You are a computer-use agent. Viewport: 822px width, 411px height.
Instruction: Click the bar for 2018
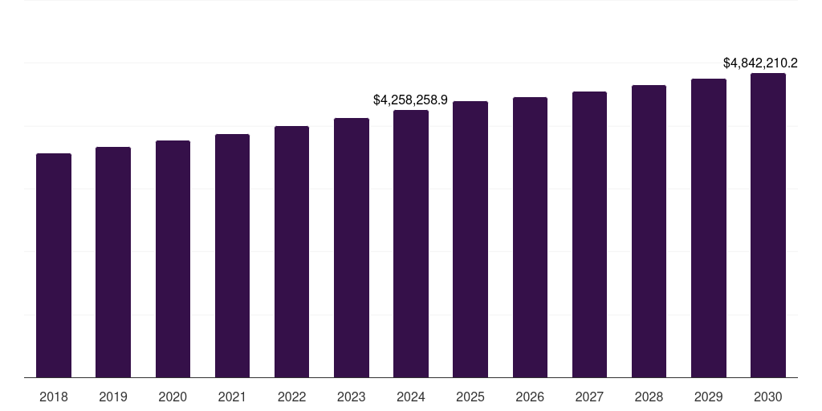[x=54, y=265]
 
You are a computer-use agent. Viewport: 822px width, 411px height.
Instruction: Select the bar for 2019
[x=113, y=262]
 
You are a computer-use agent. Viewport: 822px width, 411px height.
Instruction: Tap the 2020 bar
[x=173, y=258]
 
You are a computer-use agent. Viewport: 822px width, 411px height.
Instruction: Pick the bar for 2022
[x=291, y=251]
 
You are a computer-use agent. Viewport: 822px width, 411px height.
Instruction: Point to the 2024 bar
[x=411, y=243]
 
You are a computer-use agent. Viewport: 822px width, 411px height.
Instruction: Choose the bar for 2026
[x=530, y=237]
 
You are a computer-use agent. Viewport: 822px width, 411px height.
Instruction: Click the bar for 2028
[x=649, y=231]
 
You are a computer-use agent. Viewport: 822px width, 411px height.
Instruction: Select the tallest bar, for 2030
[x=768, y=225]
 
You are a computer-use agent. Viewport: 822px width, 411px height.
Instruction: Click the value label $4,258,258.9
[x=410, y=100]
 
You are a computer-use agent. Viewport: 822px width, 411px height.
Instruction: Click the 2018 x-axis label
[x=54, y=397]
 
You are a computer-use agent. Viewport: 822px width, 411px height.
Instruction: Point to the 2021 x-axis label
[x=232, y=397]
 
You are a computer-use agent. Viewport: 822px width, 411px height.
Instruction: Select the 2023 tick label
[x=352, y=397]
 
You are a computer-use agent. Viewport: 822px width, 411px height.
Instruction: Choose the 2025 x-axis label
[x=470, y=397]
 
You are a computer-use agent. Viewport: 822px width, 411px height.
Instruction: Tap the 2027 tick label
[x=589, y=397]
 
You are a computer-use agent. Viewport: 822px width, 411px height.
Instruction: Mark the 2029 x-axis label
[x=709, y=397]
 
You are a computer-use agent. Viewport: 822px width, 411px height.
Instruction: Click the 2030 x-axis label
[x=768, y=397]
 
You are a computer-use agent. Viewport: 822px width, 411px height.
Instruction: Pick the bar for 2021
[x=232, y=255]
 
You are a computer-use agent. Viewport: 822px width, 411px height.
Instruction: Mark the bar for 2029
[x=709, y=228]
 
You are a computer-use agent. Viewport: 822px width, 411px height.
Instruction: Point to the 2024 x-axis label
[x=411, y=397]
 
